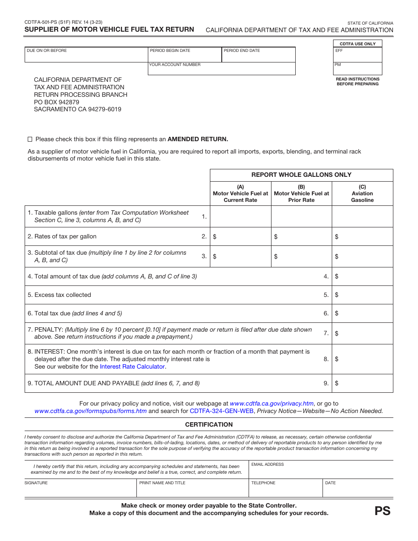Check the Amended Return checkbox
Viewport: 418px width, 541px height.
pyautogui.click(x=30, y=139)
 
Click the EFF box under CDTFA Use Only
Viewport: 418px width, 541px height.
pyautogui.click(x=358, y=56)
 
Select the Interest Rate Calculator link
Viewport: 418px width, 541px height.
pyautogui.click(x=132, y=366)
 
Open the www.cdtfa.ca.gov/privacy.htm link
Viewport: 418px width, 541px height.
pyautogui.click(x=271, y=403)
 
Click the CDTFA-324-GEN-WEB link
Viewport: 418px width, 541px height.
pyautogui.click(x=221, y=411)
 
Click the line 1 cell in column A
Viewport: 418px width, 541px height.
pyautogui.click(x=240, y=216)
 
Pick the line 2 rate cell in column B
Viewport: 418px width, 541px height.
pyautogui.click(x=304, y=237)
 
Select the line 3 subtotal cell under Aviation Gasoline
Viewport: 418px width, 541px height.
pyautogui.click(x=364, y=256)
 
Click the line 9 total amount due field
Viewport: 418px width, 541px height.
pyautogui.click(x=364, y=384)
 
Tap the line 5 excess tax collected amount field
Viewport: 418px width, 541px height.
pyautogui.click(x=364, y=295)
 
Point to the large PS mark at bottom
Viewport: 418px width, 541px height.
pyautogui.click(x=382, y=511)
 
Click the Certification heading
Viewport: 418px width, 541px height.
pyautogui.click(x=209, y=424)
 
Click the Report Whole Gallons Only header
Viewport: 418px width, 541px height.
pyautogui.click(x=301, y=175)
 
